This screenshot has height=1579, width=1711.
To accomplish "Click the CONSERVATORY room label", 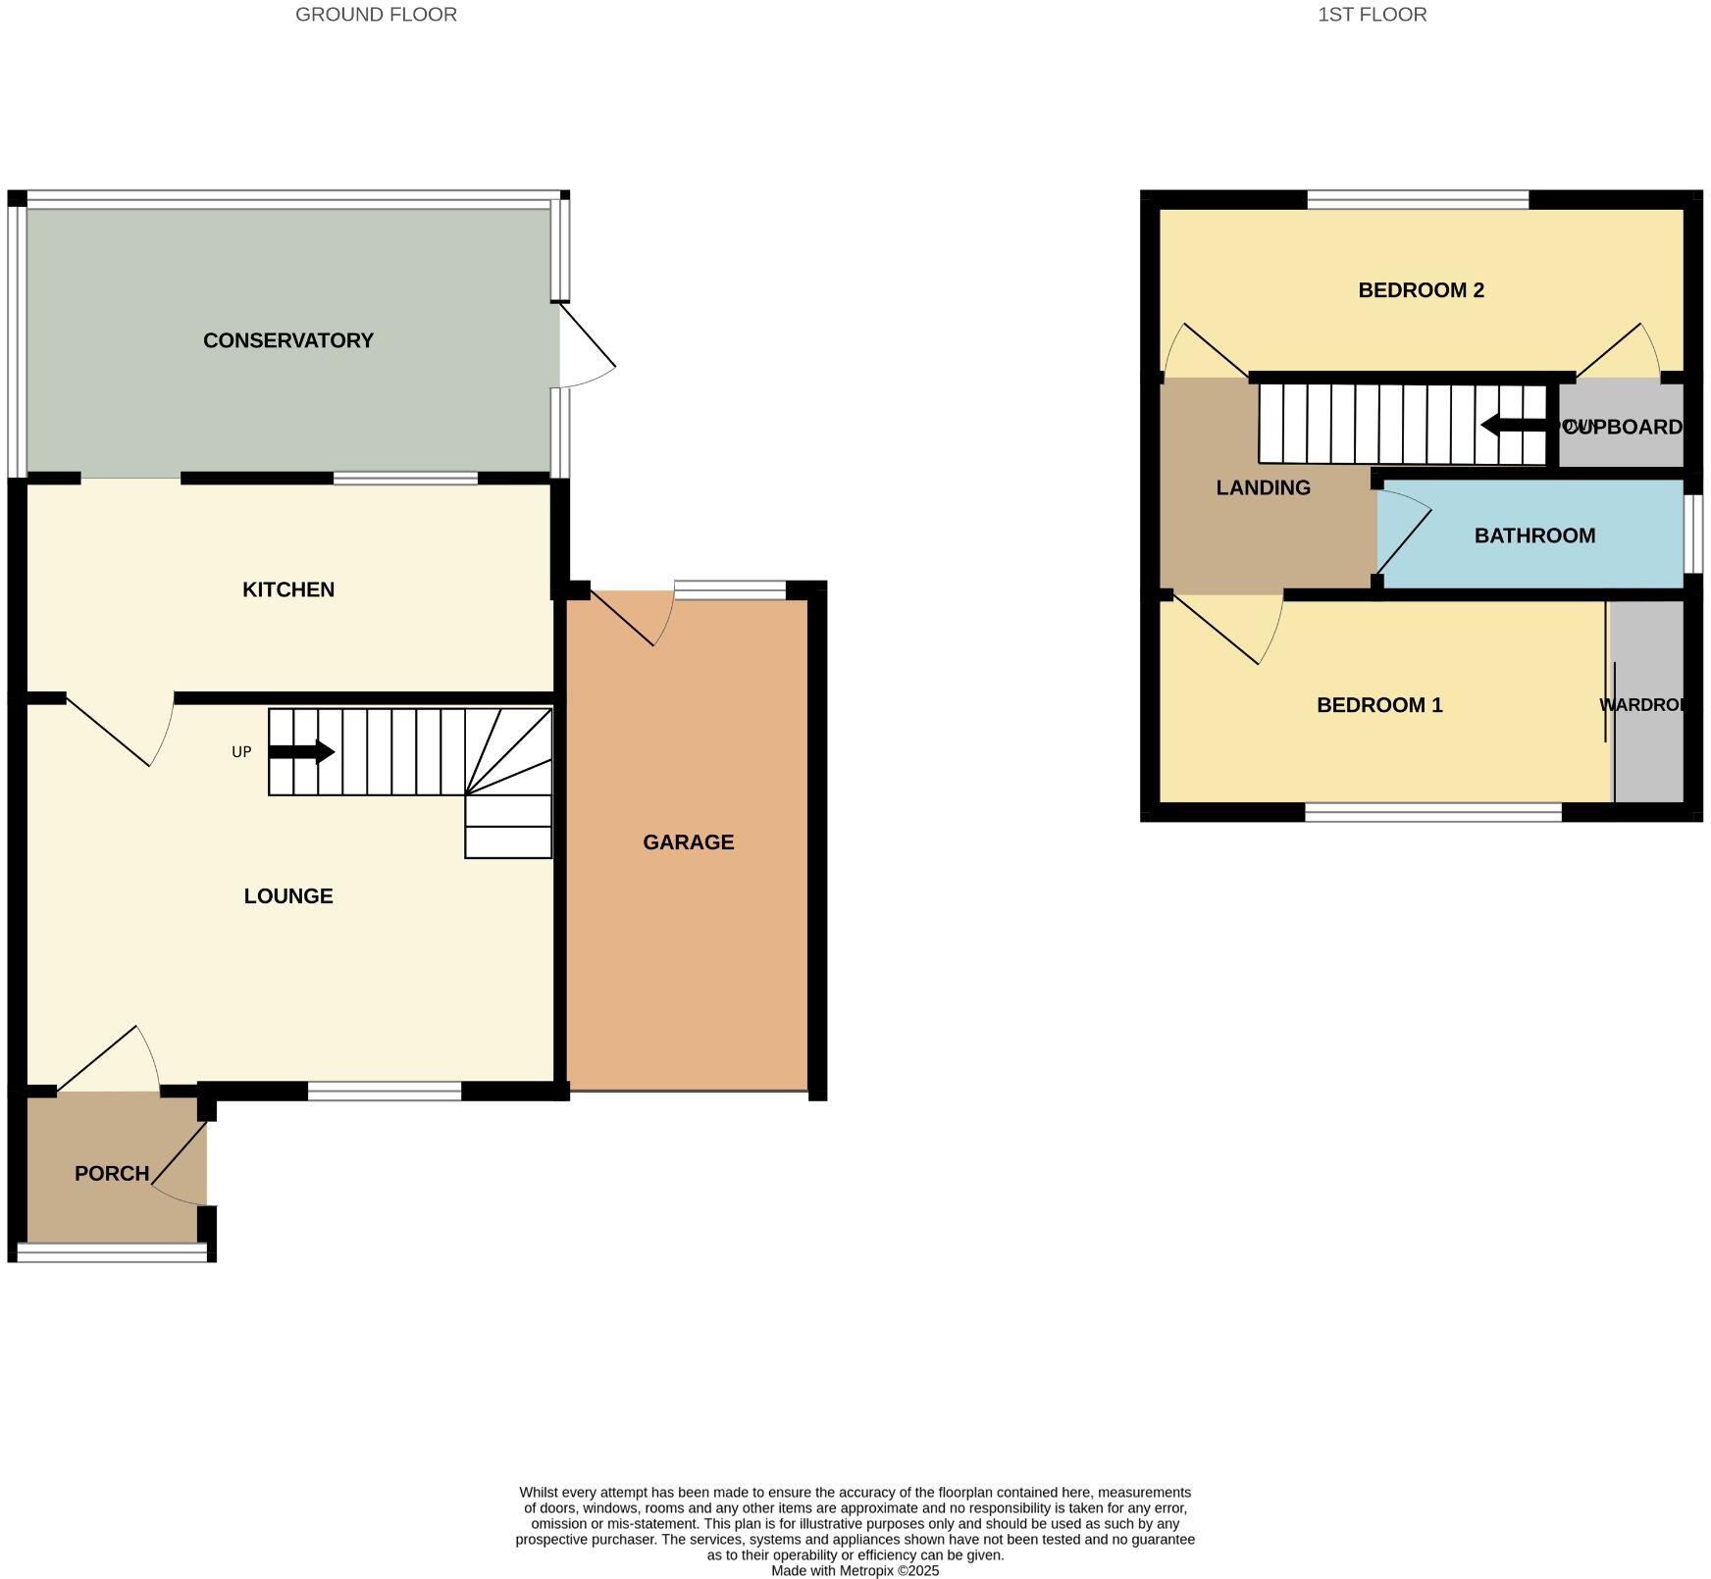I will pyautogui.click(x=287, y=340).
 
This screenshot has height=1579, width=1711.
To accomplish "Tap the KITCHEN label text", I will pyautogui.click(x=287, y=589).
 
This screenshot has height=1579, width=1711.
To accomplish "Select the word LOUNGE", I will pyautogui.click(x=287, y=895).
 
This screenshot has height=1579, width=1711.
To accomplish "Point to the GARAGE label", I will pyautogui.click(x=688, y=841).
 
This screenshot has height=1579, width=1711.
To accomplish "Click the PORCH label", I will pyautogui.click(x=112, y=1173).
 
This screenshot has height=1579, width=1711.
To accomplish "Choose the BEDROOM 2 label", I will pyautogui.click(x=1420, y=290).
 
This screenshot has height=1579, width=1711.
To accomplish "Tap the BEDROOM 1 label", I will pyautogui.click(x=1378, y=705).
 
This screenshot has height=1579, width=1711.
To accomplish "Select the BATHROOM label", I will pyautogui.click(x=1533, y=535).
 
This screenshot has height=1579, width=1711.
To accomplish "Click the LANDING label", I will pyautogui.click(x=1263, y=487).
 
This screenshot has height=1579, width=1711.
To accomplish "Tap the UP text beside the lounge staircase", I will pyautogui.click(x=241, y=752).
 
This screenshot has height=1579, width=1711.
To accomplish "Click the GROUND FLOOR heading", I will pyautogui.click(x=376, y=15).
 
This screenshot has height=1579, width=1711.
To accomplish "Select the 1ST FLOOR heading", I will pyautogui.click(x=1372, y=15).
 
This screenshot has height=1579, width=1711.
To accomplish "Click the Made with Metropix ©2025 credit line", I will pyautogui.click(x=855, y=1570).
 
